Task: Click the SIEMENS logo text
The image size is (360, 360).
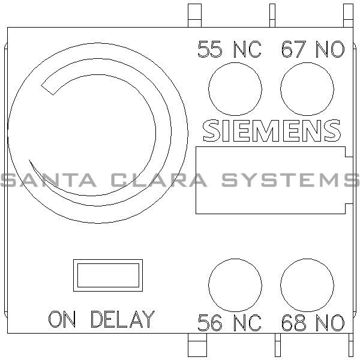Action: pyautogui.click(x=272, y=130)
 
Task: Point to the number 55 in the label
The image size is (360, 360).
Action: pyautogui.click(x=210, y=50)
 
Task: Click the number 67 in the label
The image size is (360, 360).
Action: pyautogui.click(x=293, y=50)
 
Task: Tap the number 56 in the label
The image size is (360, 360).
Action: pyautogui.click(x=210, y=323)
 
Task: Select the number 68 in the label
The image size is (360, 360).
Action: pyautogui.click(x=293, y=323)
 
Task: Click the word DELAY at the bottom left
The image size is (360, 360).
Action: pyautogui.click(x=122, y=319)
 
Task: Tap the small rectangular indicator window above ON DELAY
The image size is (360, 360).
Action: pyautogui.click(x=107, y=275)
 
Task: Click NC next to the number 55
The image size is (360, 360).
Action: pyautogui.click(x=247, y=50)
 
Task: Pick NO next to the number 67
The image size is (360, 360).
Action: pyautogui.click(x=330, y=50)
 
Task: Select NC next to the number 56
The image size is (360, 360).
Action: pyautogui.click(x=247, y=323)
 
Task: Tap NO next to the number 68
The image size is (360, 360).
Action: pyautogui.click(x=330, y=323)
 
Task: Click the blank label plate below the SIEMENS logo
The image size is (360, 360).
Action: pyautogui.click(x=270, y=179)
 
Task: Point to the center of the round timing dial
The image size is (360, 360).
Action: pyautogui.click(x=97, y=132)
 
